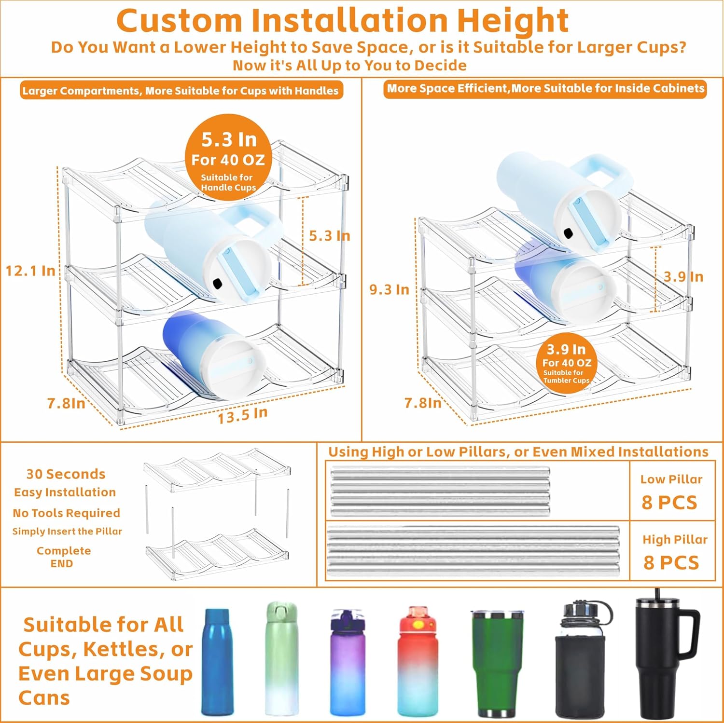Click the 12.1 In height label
(30, 271)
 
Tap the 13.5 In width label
(242, 415)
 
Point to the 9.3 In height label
(389, 289)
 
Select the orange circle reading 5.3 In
(228, 158)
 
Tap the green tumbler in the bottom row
(497, 664)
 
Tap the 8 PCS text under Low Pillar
(669, 503)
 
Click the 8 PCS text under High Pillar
(671, 562)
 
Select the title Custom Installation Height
(342, 20)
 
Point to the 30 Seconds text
(66, 474)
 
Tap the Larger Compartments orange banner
(181, 91)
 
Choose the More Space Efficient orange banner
(545, 89)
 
